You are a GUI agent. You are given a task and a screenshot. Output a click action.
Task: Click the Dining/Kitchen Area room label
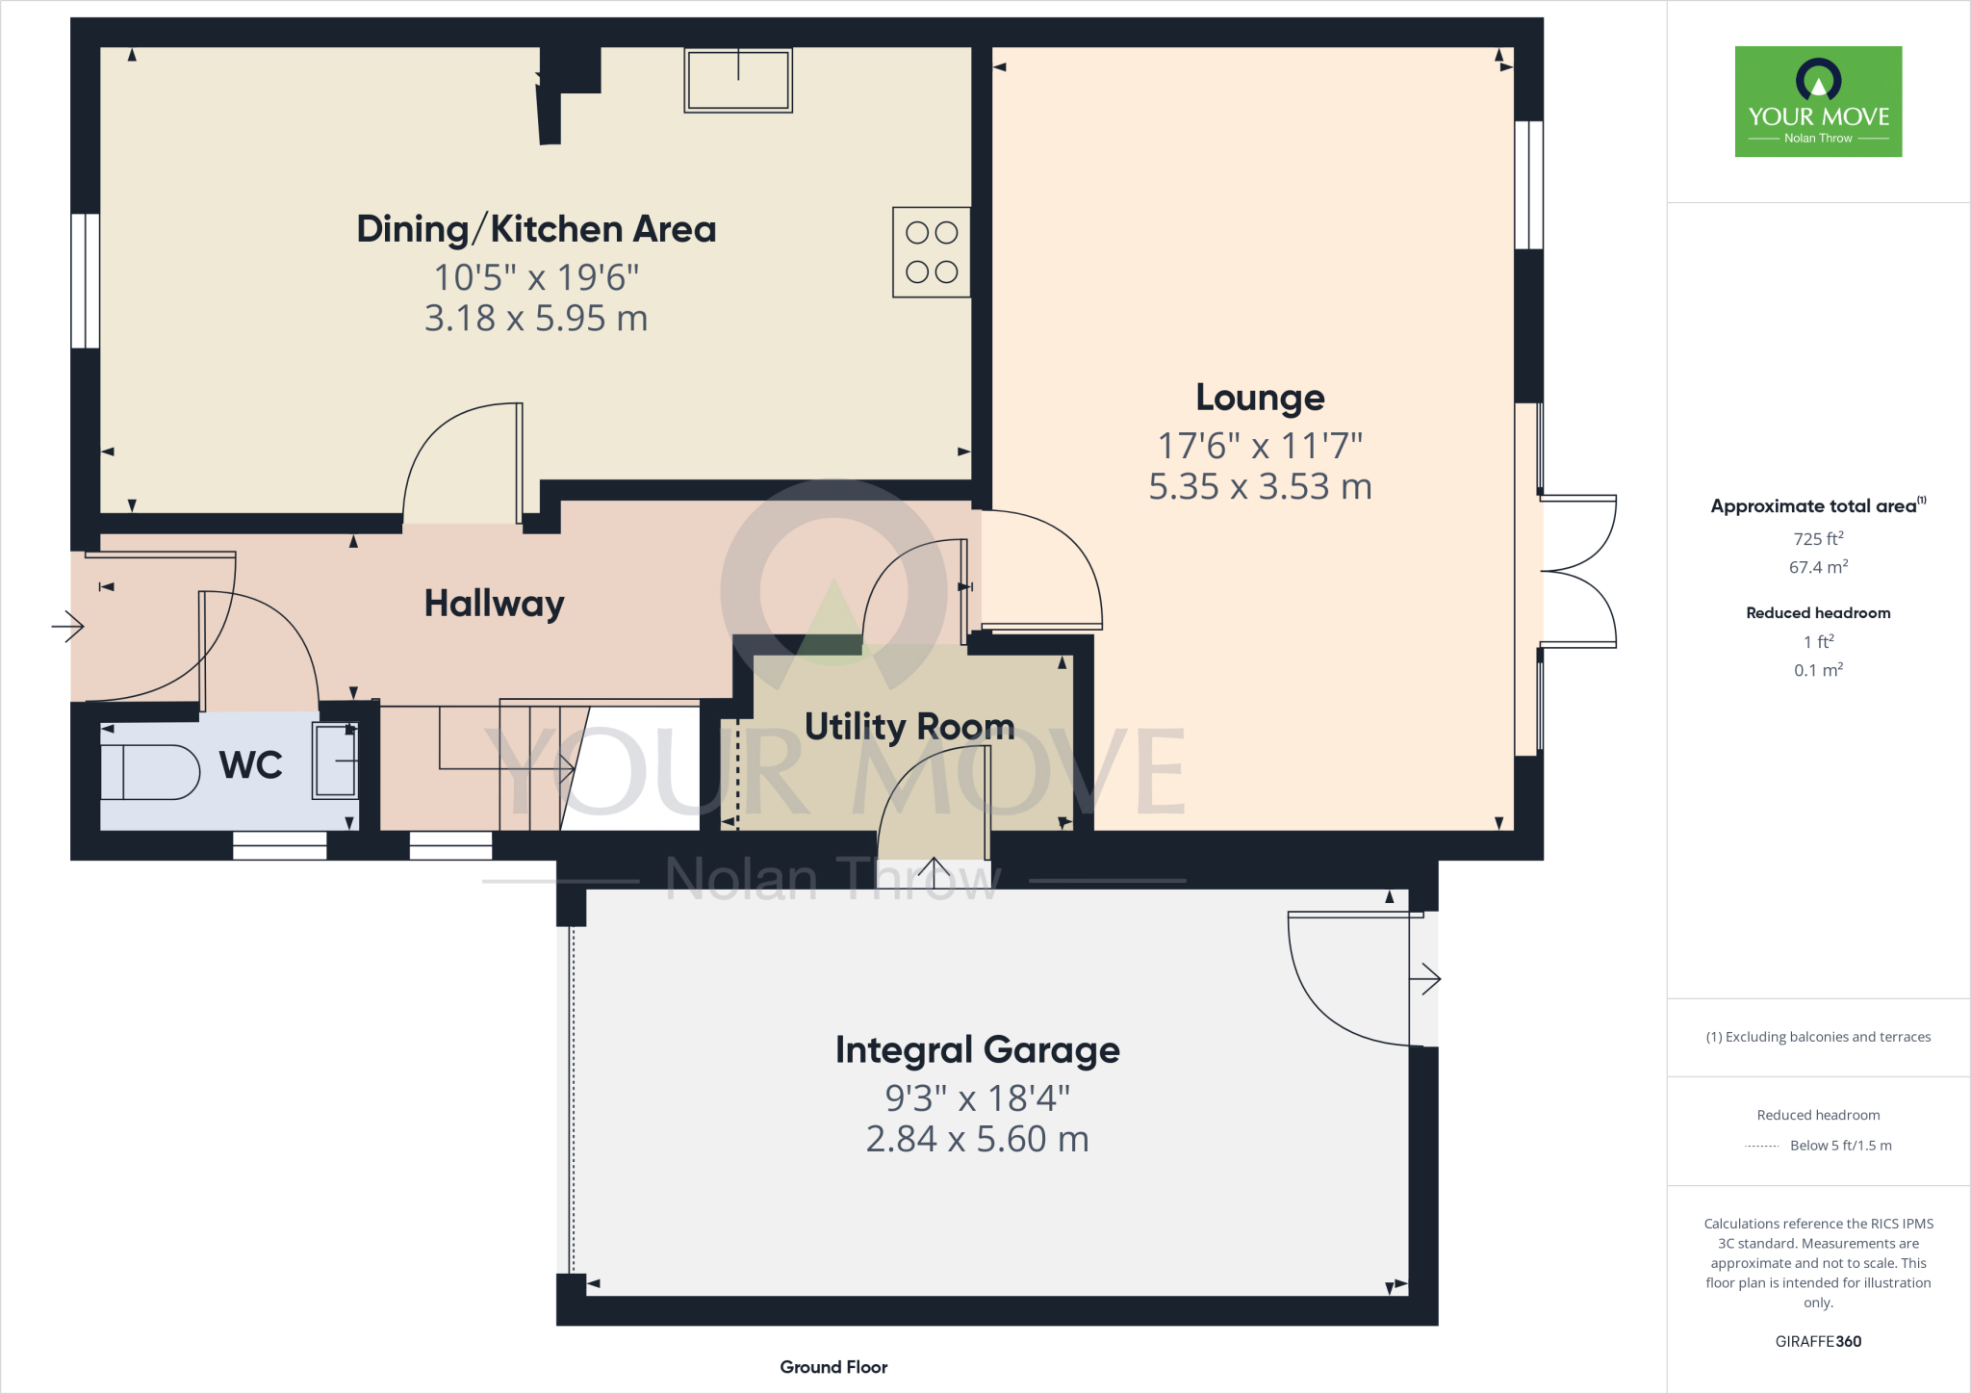coord(536,229)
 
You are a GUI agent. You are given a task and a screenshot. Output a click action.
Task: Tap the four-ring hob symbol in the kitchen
coord(931,252)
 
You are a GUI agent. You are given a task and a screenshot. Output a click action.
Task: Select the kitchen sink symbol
coord(738,81)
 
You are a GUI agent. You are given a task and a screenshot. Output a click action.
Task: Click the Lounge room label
coord(1260,398)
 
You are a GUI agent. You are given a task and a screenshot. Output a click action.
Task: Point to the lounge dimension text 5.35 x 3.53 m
coord(1260,487)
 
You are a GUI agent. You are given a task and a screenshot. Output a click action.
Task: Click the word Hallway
coord(494,604)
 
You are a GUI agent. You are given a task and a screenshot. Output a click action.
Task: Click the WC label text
coord(250,765)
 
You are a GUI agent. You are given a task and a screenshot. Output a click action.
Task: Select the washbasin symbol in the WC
coord(335,761)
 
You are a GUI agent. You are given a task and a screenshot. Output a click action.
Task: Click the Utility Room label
coord(909,727)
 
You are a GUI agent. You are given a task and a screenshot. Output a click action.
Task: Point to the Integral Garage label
coord(977,1049)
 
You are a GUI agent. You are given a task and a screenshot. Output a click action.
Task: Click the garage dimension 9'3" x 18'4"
coord(977,1097)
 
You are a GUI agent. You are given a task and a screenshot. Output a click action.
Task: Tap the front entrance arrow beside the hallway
coord(68,627)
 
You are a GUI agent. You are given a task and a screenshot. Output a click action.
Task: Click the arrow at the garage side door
coord(1425,980)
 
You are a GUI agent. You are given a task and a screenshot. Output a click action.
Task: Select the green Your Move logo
coord(1818,101)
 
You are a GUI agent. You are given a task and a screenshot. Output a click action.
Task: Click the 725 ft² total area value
coord(1818,539)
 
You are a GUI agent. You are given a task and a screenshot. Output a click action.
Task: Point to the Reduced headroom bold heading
coord(1818,613)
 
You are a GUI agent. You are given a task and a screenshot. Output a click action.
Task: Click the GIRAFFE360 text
coord(1818,1341)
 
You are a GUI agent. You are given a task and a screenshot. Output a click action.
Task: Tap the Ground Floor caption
coord(833,1367)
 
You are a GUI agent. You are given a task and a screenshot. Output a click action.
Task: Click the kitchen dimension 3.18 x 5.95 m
coord(536,319)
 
